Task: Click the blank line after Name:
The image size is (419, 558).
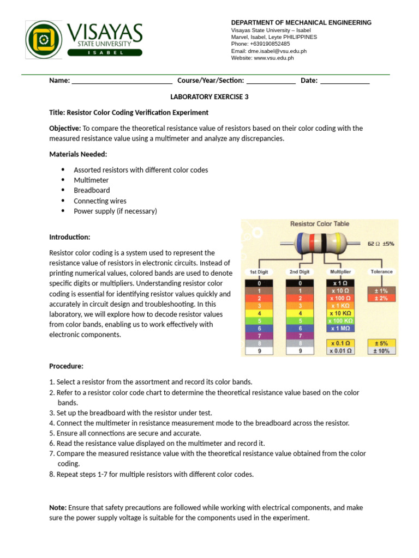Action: (x=122, y=81)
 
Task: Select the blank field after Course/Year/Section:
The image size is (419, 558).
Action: (x=271, y=81)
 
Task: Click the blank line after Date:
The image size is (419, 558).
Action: (x=344, y=81)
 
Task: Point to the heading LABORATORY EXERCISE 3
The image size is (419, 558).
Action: (x=209, y=97)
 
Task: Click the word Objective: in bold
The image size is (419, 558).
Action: (x=65, y=128)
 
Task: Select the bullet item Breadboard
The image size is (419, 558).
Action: (x=92, y=190)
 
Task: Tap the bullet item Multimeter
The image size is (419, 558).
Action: (x=91, y=180)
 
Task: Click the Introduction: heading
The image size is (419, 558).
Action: (x=70, y=237)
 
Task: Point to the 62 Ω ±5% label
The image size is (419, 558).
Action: (x=381, y=244)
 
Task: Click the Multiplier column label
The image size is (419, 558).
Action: (x=340, y=271)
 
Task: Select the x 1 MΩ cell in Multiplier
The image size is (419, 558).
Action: (x=340, y=329)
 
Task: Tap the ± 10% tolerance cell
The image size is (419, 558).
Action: (x=381, y=351)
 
